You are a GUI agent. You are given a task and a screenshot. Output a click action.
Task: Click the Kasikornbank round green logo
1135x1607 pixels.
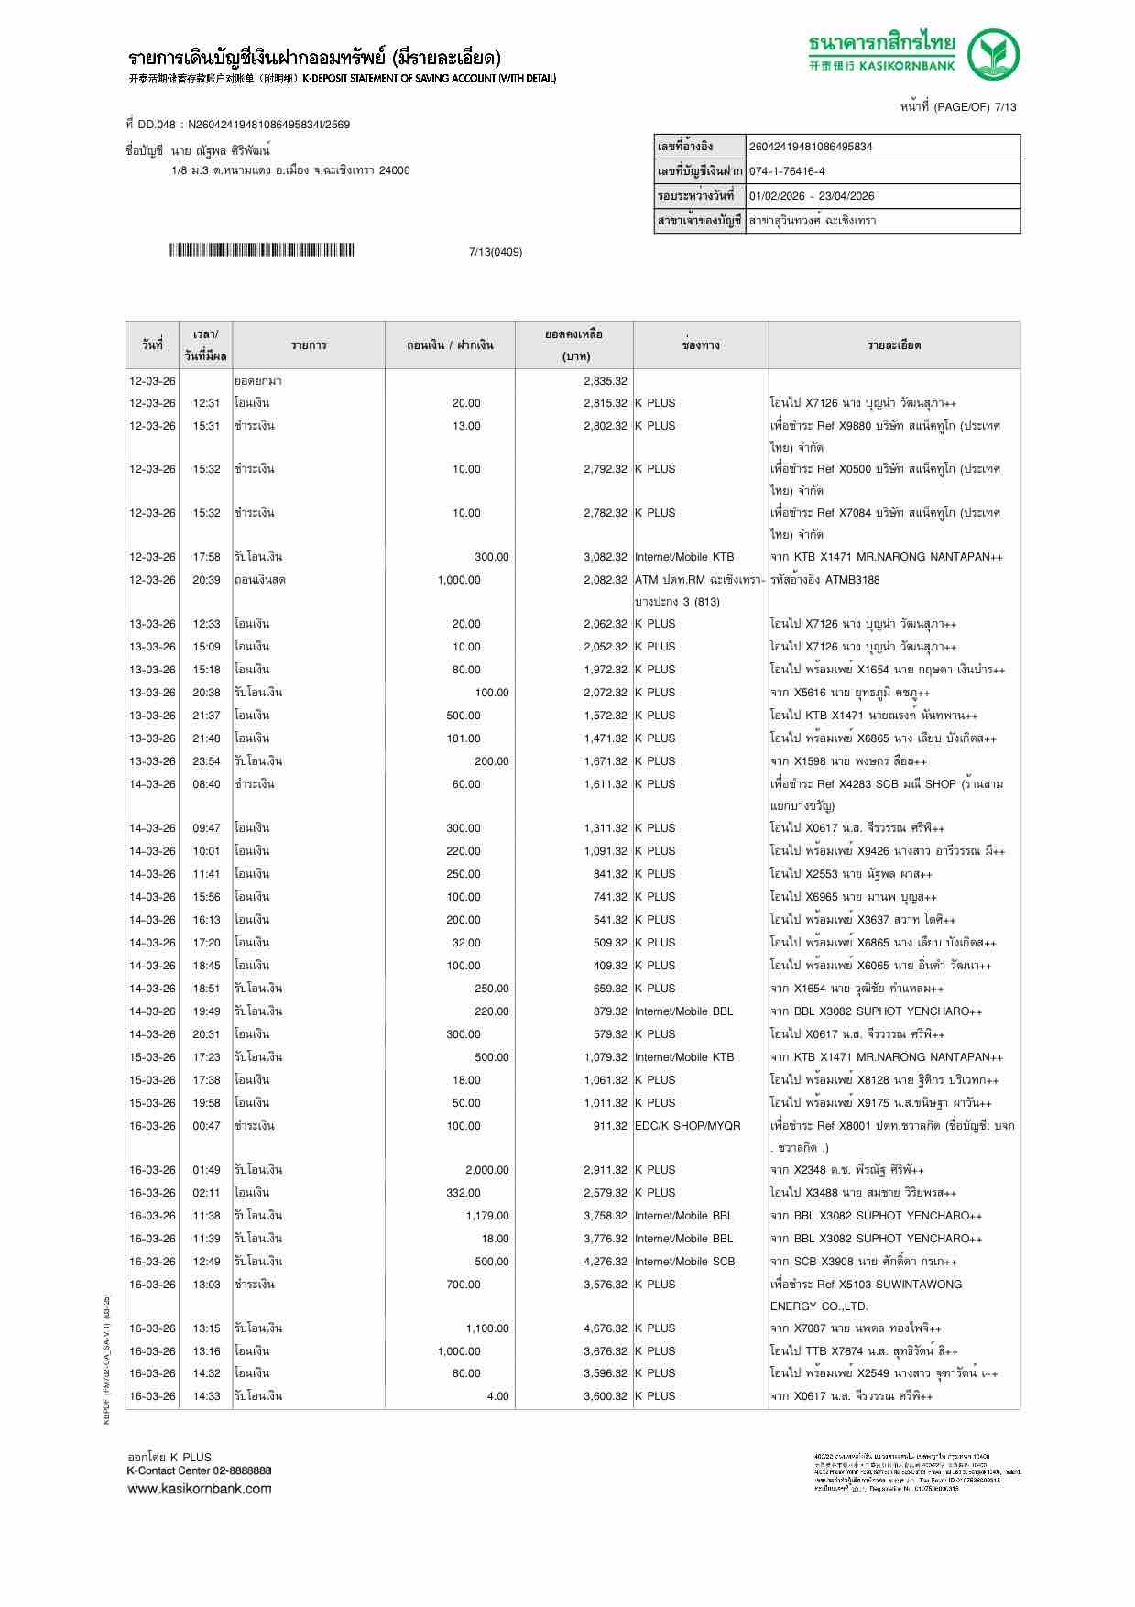pyautogui.click(x=994, y=54)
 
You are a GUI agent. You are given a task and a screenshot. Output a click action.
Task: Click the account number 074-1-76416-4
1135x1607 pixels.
pyautogui.click(x=787, y=171)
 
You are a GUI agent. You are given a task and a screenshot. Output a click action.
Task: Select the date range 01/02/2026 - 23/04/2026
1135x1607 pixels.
pyautogui.click(x=811, y=196)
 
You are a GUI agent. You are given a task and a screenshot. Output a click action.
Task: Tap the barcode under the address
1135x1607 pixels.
pyautogui.click(x=261, y=250)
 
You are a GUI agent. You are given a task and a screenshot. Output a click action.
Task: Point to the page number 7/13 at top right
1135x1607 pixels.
pyautogui.click(x=1005, y=107)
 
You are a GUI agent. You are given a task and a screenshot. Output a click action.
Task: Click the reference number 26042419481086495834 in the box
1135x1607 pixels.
pyautogui.click(x=811, y=147)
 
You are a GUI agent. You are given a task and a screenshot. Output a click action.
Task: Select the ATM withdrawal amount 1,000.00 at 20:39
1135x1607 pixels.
pyautogui.click(x=458, y=580)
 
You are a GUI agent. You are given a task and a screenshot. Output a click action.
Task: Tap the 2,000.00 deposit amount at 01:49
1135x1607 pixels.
pyautogui.click(x=486, y=1170)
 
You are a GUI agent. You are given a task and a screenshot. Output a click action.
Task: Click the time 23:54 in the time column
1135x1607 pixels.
pyautogui.click(x=206, y=761)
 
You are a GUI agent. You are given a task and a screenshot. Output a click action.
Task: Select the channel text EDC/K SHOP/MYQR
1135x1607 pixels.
pyautogui.click(x=687, y=1126)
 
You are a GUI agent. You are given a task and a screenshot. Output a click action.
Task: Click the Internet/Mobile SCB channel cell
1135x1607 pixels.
pyautogui.click(x=684, y=1262)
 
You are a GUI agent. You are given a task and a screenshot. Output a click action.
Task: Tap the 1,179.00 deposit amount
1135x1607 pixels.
pyautogui.click(x=486, y=1216)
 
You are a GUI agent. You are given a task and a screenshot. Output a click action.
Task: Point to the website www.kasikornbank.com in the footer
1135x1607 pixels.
pyautogui.click(x=199, y=1489)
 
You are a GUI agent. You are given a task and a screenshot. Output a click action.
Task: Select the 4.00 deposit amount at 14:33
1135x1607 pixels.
pyautogui.click(x=497, y=1396)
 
